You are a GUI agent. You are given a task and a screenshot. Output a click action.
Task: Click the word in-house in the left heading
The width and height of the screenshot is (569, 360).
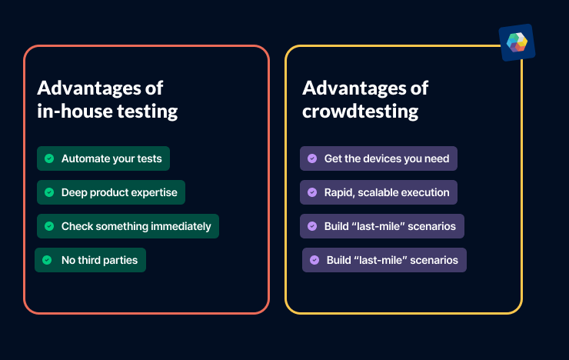point(74,111)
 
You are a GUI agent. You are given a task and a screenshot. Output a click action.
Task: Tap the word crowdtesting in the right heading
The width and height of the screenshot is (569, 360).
point(360,111)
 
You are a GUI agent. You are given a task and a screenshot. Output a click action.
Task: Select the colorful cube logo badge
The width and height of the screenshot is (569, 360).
point(516,42)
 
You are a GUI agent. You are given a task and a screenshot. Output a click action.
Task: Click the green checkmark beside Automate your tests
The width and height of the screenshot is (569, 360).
point(49,158)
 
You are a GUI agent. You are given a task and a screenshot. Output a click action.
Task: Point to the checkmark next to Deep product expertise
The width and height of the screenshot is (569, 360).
point(49,192)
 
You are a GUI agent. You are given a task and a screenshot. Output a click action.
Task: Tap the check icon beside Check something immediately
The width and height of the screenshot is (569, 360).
point(49,226)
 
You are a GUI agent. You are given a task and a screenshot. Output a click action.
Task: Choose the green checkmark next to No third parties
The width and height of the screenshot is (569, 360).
point(47,260)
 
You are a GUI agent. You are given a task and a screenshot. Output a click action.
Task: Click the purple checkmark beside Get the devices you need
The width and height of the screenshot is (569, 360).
point(311,158)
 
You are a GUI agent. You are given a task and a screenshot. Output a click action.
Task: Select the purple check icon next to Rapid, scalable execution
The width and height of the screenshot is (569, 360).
point(311,192)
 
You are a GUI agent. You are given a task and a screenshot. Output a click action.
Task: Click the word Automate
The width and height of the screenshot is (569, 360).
point(85,158)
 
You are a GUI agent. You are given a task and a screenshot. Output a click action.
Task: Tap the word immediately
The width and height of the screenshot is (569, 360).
point(181,226)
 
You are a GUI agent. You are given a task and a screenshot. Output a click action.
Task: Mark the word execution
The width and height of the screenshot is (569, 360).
point(427,192)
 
